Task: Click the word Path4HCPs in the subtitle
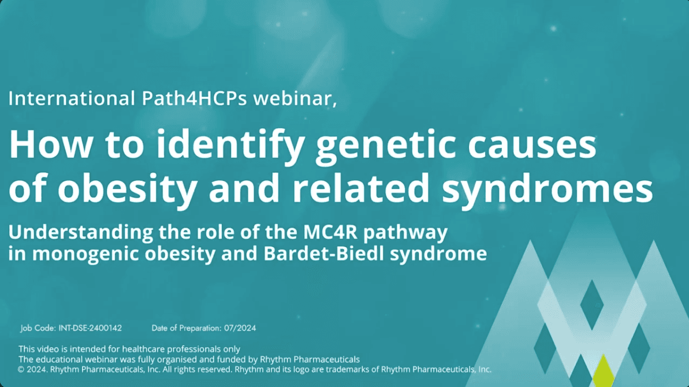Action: (x=194, y=98)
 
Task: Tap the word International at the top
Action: (x=72, y=98)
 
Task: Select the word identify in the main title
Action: (x=230, y=146)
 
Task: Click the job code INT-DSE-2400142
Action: (x=90, y=328)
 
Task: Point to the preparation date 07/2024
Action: (x=240, y=328)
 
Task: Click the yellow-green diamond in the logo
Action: (x=604, y=371)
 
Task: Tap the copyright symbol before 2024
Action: (x=21, y=370)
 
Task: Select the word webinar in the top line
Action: (x=295, y=98)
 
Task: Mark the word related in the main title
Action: (x=361, y=188)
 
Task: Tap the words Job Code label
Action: (x=38, y=328)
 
